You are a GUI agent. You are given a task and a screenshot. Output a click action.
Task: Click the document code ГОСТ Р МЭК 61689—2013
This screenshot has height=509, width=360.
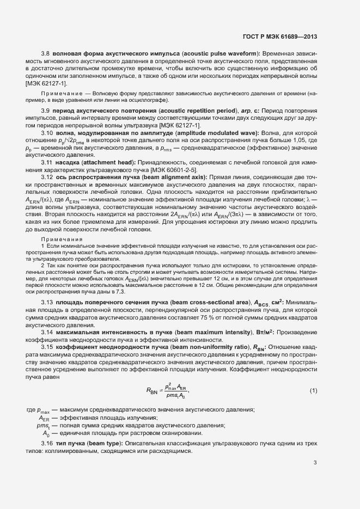coord(279,36)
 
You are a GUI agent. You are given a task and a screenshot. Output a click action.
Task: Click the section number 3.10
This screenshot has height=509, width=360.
coord(47,133)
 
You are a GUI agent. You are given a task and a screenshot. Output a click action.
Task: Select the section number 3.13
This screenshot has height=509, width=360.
coord(47,302)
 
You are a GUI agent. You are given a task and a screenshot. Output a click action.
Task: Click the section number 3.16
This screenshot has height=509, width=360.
coord(47,444)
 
